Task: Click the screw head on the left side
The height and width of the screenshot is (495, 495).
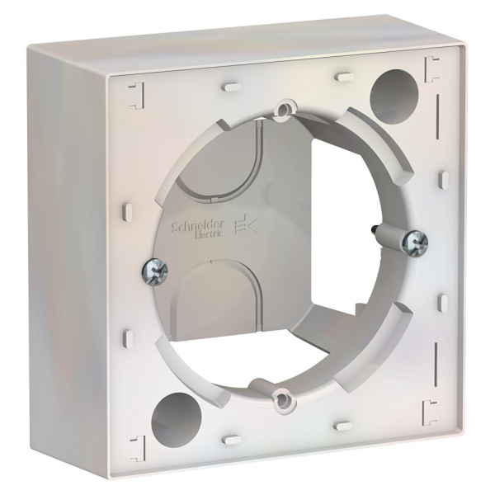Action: coord(153,271)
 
